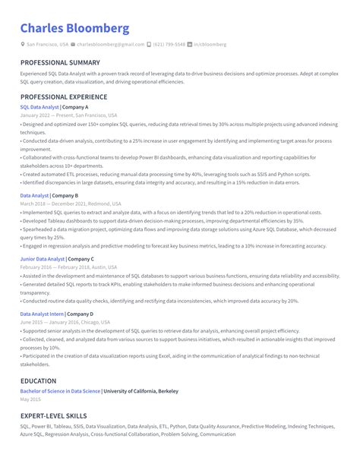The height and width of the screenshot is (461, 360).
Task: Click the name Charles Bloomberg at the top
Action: coord(74,29)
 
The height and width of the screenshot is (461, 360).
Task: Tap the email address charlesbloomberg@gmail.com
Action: coord(111,45)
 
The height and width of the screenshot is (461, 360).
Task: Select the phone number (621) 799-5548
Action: coord(169,45)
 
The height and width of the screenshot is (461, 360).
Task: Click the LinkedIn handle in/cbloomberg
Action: coord(210,45)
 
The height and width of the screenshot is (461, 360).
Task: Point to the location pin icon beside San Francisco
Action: coord(23,45)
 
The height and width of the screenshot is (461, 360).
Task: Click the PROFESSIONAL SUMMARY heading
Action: coord(60,63)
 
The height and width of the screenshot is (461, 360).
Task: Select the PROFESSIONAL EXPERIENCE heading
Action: coord(65,98)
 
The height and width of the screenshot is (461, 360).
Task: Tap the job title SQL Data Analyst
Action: coord(39,107)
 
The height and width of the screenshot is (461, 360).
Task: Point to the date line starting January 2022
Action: coord(68,115)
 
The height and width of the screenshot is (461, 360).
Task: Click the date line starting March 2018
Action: coord(70,204)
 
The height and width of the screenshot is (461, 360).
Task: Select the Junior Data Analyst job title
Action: coord(43,259)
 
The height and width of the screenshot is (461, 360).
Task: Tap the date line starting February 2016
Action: coord(68,267)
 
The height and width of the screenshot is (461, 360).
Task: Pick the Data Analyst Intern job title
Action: coord(42,314)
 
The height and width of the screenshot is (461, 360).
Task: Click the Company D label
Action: coord(80,314)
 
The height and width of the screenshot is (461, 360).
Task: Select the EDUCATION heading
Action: coord(38,381)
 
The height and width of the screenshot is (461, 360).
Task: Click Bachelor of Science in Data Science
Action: coord(60,391)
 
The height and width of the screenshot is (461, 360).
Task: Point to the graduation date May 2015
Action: coord(30,399)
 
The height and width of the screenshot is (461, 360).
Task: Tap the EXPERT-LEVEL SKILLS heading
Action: coord(53,416)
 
